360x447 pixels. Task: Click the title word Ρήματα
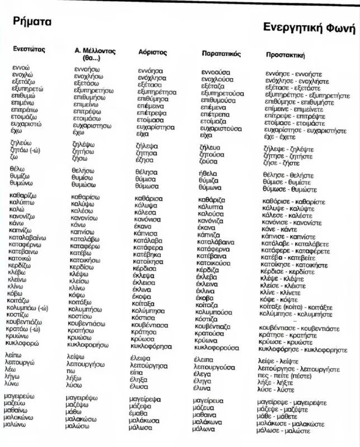pos(31,22)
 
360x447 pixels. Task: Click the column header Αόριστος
pos(153,52)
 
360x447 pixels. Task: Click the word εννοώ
pos(21,68)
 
